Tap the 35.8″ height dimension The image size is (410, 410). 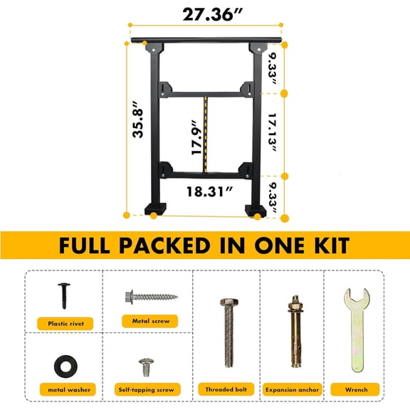(x=138, y=122)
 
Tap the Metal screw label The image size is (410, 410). (x=150, y=321)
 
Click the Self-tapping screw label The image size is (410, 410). (x=145, y=390)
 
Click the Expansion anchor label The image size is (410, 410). (x=292, y=390)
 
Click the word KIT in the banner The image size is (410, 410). (x=323, y=246)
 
